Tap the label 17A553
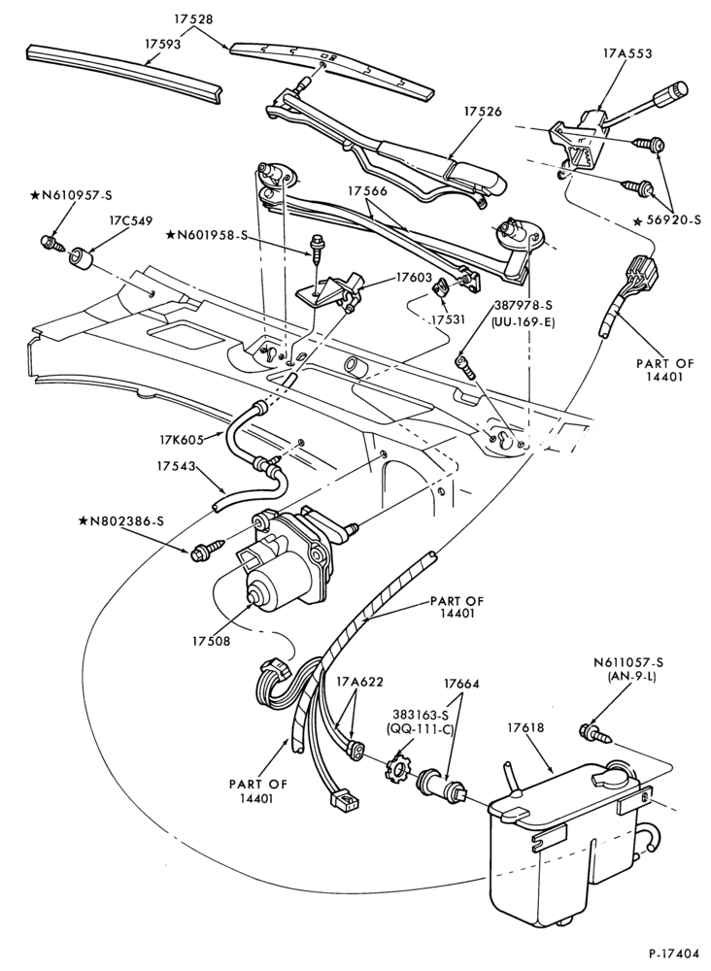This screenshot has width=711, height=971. click(626, 53)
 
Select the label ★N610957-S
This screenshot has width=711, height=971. click(71, 195)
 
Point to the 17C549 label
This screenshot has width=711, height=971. click(131, 219)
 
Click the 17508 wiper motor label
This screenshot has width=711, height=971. click(211, 641)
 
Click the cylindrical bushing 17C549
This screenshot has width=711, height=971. click(82, 258)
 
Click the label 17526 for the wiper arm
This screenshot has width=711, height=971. click(482, 112)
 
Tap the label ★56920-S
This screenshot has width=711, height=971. click(667, 219)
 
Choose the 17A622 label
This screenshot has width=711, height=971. click(359, 683)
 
